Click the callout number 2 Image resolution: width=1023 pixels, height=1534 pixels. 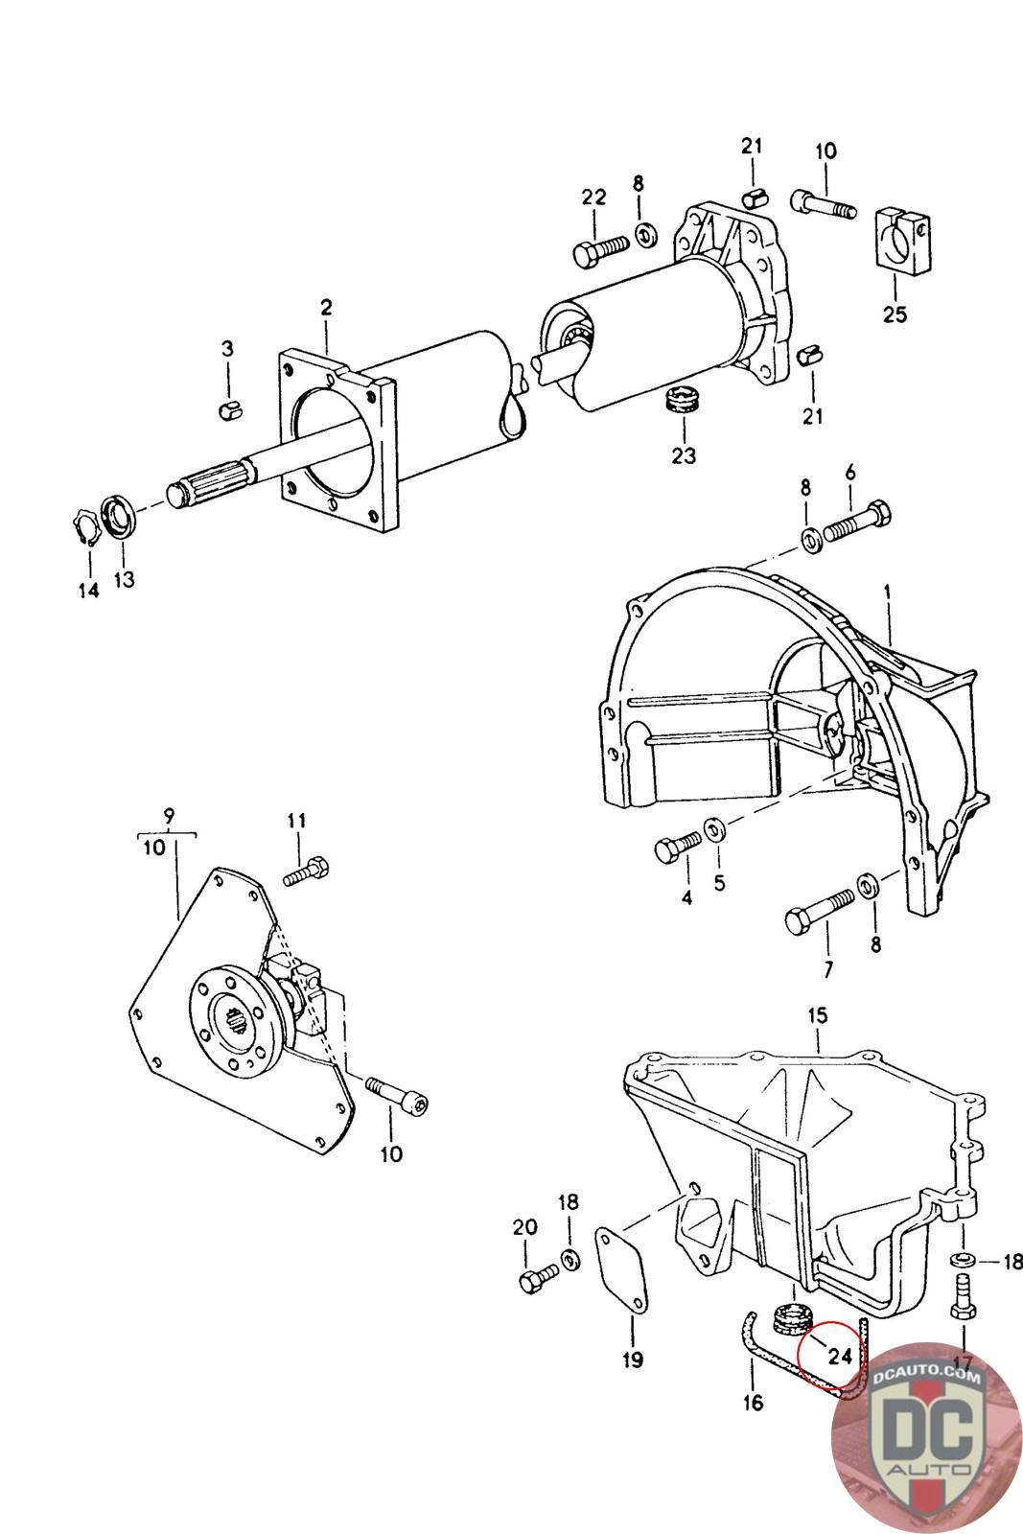tap(326, 308)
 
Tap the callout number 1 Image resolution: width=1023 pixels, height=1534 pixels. tap(887, 593)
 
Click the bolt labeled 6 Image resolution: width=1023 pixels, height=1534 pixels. tap(858, 520)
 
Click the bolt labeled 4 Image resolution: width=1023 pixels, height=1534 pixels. tap(679, 847)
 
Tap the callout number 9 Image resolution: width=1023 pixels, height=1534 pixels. tap(169, 817)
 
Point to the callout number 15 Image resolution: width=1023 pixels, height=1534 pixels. tap(817, 1014)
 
